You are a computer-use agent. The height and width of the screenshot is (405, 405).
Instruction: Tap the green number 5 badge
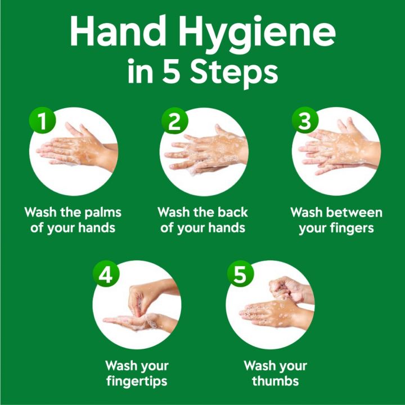pyautogui.click(x=240, y=275)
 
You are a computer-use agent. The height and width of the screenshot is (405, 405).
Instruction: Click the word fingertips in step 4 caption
pyautogui.click(x=137, y=381)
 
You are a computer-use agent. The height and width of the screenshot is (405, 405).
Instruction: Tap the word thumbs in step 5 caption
pyautogui.click(x=276, y=381)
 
